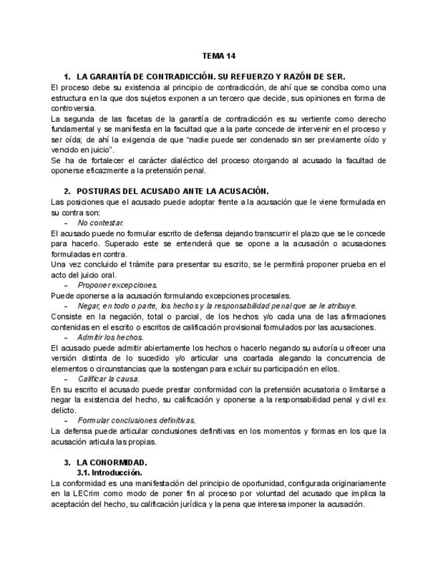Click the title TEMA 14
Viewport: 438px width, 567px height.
click(x=219, y=55)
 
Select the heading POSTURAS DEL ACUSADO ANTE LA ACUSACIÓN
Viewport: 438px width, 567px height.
click(x=173, y=191)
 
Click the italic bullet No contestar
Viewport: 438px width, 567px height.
click(x=100, y=223)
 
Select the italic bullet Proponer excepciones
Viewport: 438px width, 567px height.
click(x=117, y=285)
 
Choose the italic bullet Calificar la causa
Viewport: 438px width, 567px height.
click(x=108, y=378)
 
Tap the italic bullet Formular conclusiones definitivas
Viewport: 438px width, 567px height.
click(x=136, y=421)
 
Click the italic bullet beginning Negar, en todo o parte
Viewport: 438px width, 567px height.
click(x=217, y=306)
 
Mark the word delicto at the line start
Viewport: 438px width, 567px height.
click(x=64, y=410)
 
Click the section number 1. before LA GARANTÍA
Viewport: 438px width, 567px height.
click(x=68, y=77)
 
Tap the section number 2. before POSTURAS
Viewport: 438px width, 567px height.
click(x=68, y=191)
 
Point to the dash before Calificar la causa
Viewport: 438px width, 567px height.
click(x=66, y=378)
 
